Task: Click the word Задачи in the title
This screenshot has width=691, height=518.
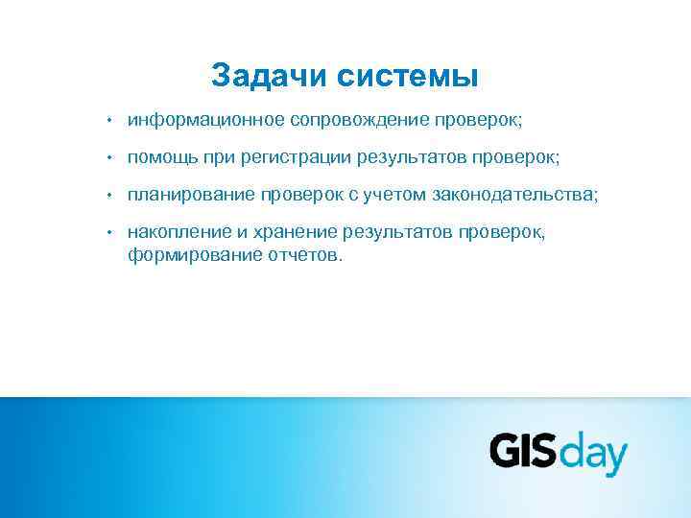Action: coord(268,75)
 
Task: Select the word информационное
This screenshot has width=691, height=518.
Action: coord(205,121)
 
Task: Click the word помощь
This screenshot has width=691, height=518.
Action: coord(160,157)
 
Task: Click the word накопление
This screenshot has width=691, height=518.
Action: coord(179,232)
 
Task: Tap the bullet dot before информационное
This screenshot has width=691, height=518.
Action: coord(110,121)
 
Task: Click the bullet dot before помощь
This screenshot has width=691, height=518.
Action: coord(110,157)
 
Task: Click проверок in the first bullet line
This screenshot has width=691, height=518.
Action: coord(477,121)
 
